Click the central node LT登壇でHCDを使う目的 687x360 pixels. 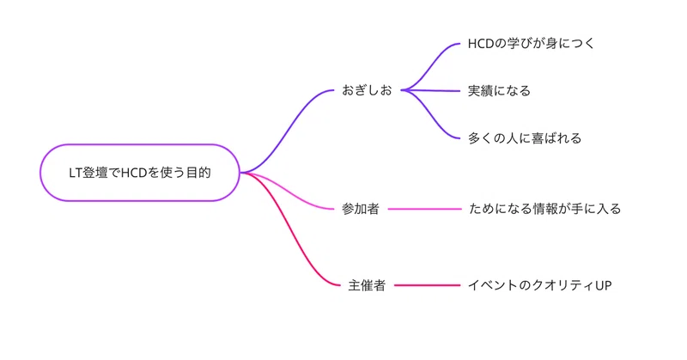click(140, 173)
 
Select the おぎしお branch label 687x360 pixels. click(367, 90)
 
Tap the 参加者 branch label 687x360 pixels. click(360, 209)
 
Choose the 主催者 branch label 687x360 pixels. click(367, 285)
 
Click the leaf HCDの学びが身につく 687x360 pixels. click(531, 44)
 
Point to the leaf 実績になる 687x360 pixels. click(499, 91)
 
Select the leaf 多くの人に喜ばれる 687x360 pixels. click(525, 138)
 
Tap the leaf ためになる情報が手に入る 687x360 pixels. click(544, 209)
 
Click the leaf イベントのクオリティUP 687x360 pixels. click(540, 285)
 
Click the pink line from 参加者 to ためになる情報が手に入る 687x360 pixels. click(424, 209)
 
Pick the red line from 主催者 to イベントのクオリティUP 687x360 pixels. click(427, 285)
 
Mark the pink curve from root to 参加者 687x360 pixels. click(287, 192)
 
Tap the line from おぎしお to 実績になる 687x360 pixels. click(431, 91)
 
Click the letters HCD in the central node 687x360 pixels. click(134, 173)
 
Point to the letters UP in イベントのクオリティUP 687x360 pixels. click(604, 286)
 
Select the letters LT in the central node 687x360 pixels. click(76, 173)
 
